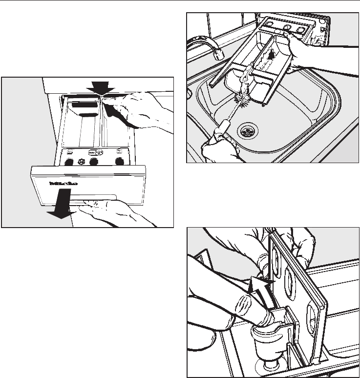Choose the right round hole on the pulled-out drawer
click(119, 161)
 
